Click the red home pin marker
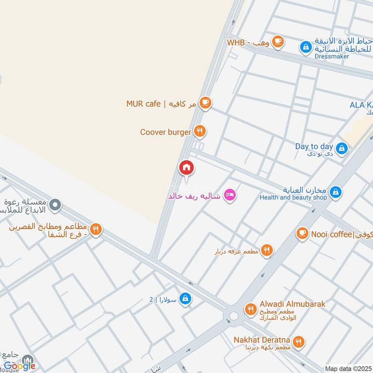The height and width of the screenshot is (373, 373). pyautogui.click(x=186, y=167)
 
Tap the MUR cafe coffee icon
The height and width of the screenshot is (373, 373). pyautogui.click(x=205, y=103)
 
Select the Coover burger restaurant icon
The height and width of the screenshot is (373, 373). pyautogui.click(x=200, y=131)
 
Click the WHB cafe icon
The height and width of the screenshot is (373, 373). pyautogui.click(x=278, y=42)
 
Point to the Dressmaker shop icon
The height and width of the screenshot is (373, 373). pyautogui.click(x=306, y=47)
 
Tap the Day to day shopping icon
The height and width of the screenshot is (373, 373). pyautogui.click(x=342, y=149)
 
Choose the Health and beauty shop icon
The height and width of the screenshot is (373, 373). pyautogui.click(x=335, y=192)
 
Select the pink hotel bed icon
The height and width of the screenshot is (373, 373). pyautogui.click(x=229, y=195)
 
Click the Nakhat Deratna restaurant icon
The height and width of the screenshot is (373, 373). pyautogui.click(x=298, y=343)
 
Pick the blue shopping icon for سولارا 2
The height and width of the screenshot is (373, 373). pyautogui.click(x=185, y=298)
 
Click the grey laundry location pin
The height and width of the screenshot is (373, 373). pyautogui.click(x=55, y=205)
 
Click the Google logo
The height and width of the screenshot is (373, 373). pyautogui.click(x=20, y=366)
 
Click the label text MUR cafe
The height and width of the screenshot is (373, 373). pyautogui.click(x=144, y=104)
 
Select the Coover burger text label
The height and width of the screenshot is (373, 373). pyautogui.click(x=166, y=132)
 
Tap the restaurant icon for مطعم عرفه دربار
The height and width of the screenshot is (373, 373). pyautogui.click(x=267, y=251)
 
